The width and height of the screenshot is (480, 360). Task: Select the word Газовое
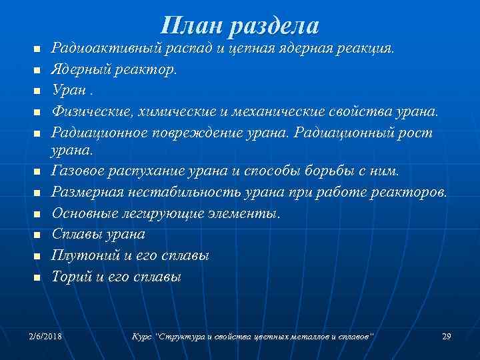74,171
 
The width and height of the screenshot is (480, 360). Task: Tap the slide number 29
447,335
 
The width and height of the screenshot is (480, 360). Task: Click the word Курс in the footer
143,335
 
